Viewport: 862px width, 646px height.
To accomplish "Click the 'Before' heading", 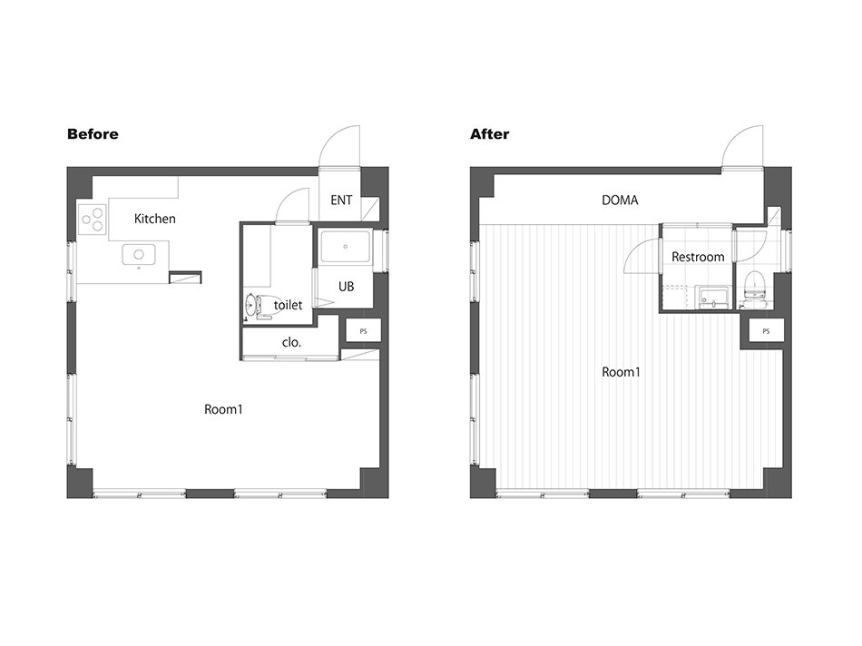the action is (93, 134).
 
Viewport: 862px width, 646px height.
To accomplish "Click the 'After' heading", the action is (489, 134).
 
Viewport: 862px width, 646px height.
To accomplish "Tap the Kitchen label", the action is (155, 219).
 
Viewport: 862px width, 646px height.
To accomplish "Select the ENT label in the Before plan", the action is (341, 201).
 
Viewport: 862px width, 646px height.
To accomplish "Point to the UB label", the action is (347, 287).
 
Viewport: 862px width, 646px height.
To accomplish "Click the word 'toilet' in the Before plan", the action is (288, 305).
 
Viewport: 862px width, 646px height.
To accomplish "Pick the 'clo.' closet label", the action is (291, 343).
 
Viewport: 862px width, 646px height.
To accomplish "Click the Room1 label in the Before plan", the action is (223, 409).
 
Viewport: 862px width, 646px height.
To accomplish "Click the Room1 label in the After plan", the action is (622, 372).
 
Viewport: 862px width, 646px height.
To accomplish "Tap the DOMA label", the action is (620, 201).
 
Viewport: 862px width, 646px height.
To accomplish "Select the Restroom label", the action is (698, 257).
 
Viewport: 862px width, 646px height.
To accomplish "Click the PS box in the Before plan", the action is (363, 331).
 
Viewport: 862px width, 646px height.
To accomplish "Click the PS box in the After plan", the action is (767, 331).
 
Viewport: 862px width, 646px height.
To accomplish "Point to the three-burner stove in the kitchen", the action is (92, 219).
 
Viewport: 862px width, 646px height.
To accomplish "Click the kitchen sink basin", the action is (139, 255).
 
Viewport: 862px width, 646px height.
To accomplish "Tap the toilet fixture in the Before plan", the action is (264, 306).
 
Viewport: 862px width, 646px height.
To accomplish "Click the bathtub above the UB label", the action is (345, 247).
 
